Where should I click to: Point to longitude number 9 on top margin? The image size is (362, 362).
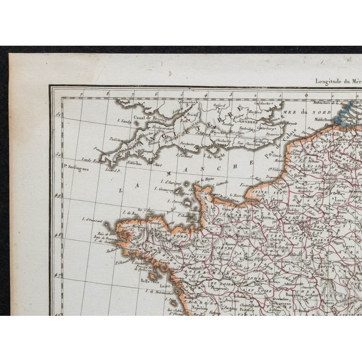(x=81, y=95)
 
